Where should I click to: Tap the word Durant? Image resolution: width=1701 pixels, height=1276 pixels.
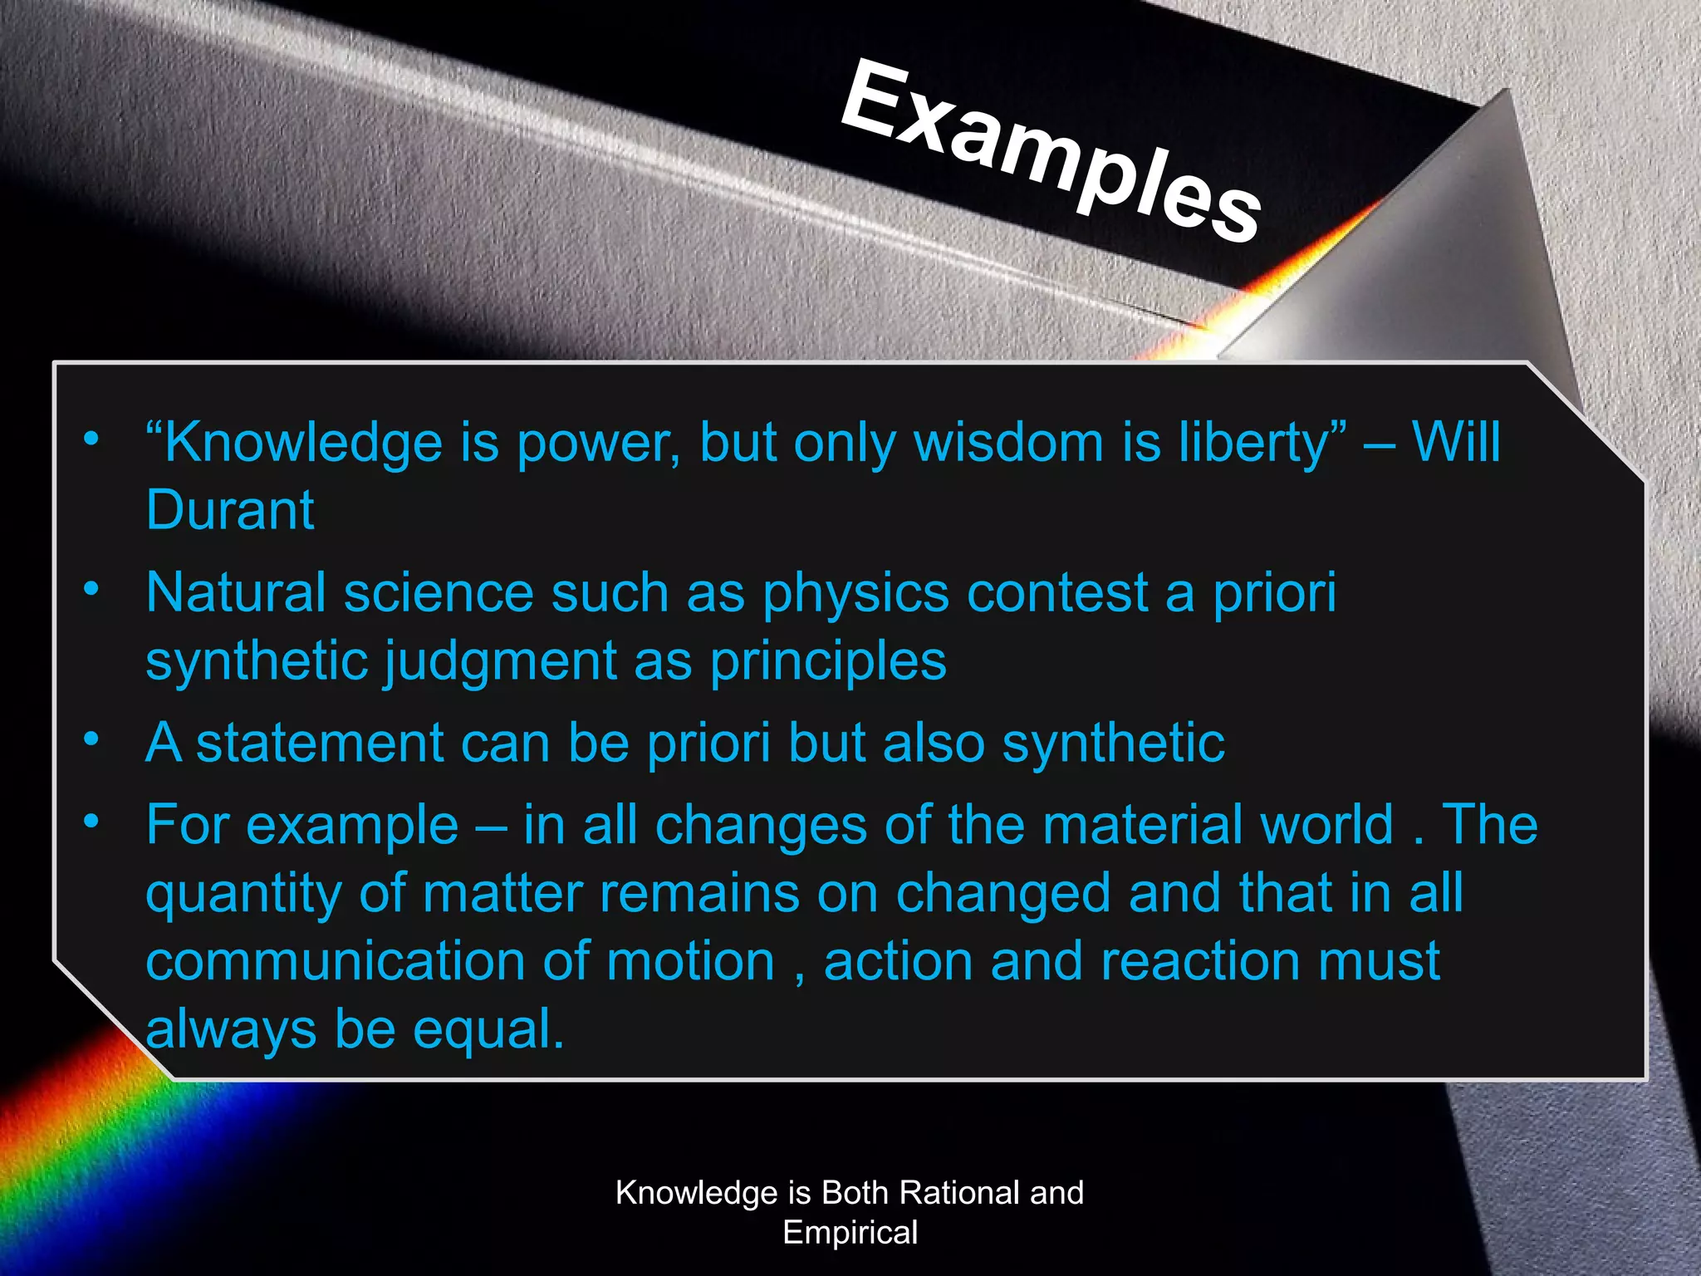(230, 509)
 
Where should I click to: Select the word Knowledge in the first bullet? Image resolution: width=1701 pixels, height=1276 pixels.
(304, 443)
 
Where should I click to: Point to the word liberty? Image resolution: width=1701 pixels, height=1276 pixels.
(1262, 443)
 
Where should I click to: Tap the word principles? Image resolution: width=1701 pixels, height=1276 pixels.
(828, 662)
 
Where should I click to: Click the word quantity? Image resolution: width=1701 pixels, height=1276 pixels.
(243, 895)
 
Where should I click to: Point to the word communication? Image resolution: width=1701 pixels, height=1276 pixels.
(336, 961)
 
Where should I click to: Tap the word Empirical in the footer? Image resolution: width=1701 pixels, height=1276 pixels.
(850, 1232)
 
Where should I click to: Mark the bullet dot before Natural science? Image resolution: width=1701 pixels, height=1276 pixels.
(91, 589)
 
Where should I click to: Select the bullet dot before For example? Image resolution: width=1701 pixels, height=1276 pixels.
(91, 822)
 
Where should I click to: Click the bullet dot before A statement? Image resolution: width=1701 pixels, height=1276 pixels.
(91, 738)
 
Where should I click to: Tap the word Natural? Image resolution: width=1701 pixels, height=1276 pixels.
(235, 593)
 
